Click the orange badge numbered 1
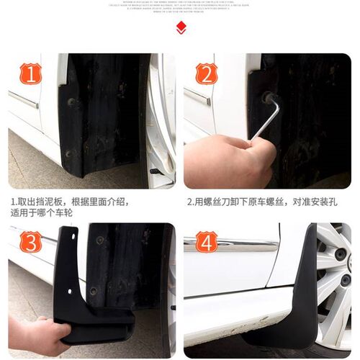pos(30,74)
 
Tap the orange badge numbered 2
pos(207,74)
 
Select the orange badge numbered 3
pos(30,243)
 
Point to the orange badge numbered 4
pos(207,243)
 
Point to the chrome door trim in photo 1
pos(24,99)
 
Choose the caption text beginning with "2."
pos(261,202)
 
